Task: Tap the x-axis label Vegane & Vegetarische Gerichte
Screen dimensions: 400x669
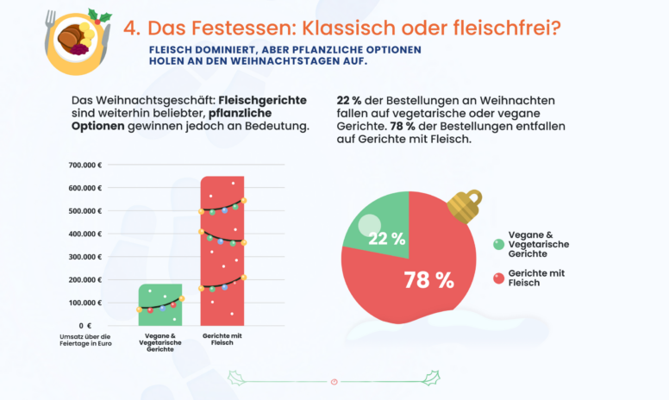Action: (x=160, y=342)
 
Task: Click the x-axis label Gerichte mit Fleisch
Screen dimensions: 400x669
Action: (x=222, y=339)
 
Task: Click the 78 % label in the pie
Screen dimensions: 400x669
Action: (x=429, y=280)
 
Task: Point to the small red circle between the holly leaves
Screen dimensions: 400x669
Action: (x=334, y=380)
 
